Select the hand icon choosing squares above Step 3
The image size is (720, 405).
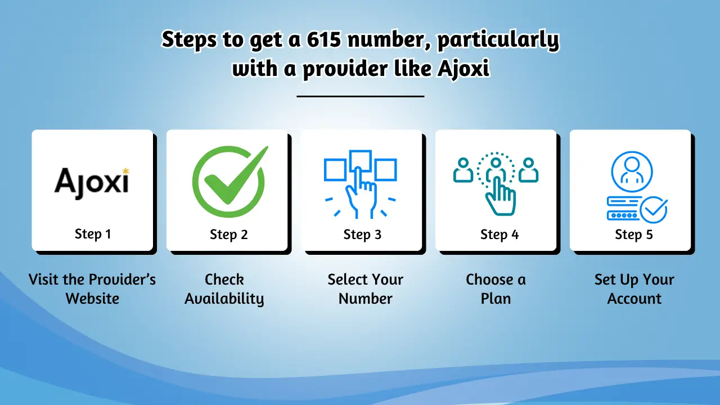[x=361, y=183]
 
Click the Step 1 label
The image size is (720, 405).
[x=93, y=233]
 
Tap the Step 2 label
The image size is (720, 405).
[x=228, y=235]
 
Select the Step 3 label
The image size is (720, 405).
[x=362, y=235]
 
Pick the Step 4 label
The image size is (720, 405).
[x=499, y=235]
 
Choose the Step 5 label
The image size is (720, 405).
[x=633, y=235]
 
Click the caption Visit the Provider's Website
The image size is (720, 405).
[x=92, y=289]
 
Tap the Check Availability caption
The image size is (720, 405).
[x=224, y=289]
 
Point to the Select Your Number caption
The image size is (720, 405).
[x=365, y=289]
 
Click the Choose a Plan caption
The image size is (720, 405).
[x=496, y=289]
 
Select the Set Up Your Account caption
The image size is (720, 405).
[x=634, y=289]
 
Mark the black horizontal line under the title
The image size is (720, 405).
[x=360, y=96]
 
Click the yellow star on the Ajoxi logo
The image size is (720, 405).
[x=125, y=170]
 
